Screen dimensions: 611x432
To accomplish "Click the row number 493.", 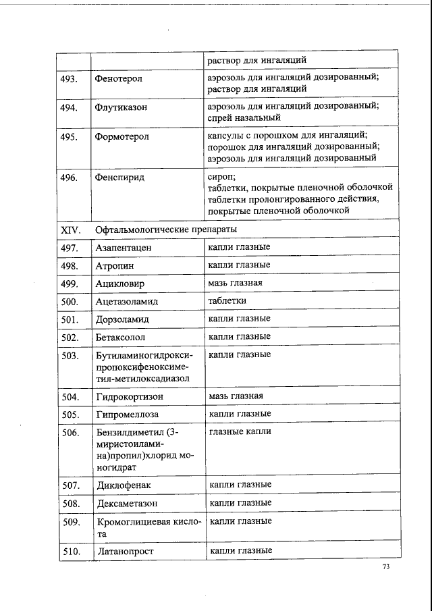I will pos(70,79).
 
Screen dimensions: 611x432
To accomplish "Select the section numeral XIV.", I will pos(71,230).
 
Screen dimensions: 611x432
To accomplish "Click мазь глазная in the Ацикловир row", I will pos(236,283).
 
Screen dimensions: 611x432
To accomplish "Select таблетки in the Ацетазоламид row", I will pos(227,300).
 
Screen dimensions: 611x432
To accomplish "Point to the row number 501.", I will pos(71,319).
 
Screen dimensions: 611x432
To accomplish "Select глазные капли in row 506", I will pos(240,431).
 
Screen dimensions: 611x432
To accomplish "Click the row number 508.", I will pos(72,504).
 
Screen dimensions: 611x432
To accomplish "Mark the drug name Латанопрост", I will pos(126,552).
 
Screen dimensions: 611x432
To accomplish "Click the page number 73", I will pos(386,567).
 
